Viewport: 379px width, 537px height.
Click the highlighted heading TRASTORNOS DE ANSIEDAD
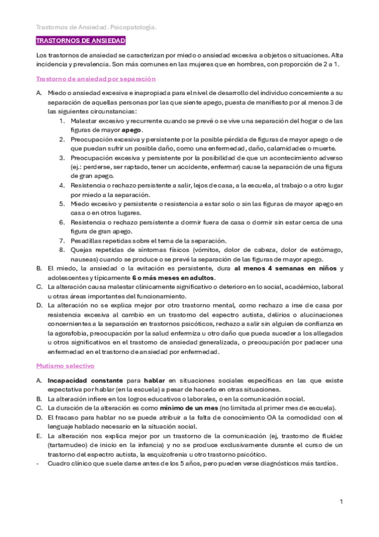80,41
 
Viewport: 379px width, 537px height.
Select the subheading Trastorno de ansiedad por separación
96,79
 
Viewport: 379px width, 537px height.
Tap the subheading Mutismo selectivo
65,366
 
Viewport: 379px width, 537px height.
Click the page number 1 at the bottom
341,502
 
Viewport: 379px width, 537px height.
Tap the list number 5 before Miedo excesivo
62,203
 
